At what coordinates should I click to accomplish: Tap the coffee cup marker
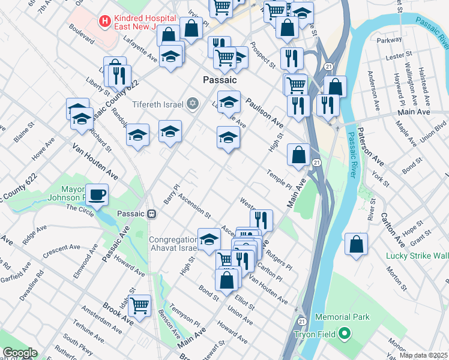pyautogui.click(x=97, y=194)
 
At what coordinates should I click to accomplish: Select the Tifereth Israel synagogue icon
pyautogui.click(x=193, y=104)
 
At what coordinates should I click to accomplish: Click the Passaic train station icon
pyautogui.click(x=152, y=214)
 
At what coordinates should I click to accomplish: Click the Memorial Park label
pyautogui.click(x=346, y=317)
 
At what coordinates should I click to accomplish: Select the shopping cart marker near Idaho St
pyautogui.click(x=140, y=305)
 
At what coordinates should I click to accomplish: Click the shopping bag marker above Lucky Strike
pyautogui.click(x=357, y=244)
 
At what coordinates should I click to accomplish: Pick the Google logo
pyautogui.click(x=20, y=353)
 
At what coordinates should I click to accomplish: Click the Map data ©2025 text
pyautogui.click(x=423, y=355)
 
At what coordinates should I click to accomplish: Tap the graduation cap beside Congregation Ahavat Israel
pyautogui.click(x=209, y=238)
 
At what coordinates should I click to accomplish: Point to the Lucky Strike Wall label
pyautogui.click(x=418, y=256)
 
